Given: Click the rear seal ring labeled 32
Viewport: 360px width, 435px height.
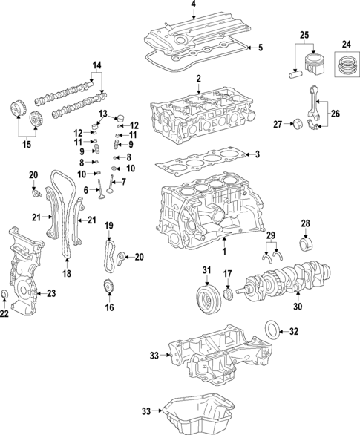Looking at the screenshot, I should (272, 329).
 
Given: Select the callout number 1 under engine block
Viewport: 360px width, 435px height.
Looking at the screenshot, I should (223, 253).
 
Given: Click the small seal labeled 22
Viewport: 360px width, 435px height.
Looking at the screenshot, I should (7, 298).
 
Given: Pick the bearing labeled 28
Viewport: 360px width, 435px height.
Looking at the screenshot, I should (304, 245).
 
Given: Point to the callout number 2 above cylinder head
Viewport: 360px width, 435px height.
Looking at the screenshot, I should (198, 79).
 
